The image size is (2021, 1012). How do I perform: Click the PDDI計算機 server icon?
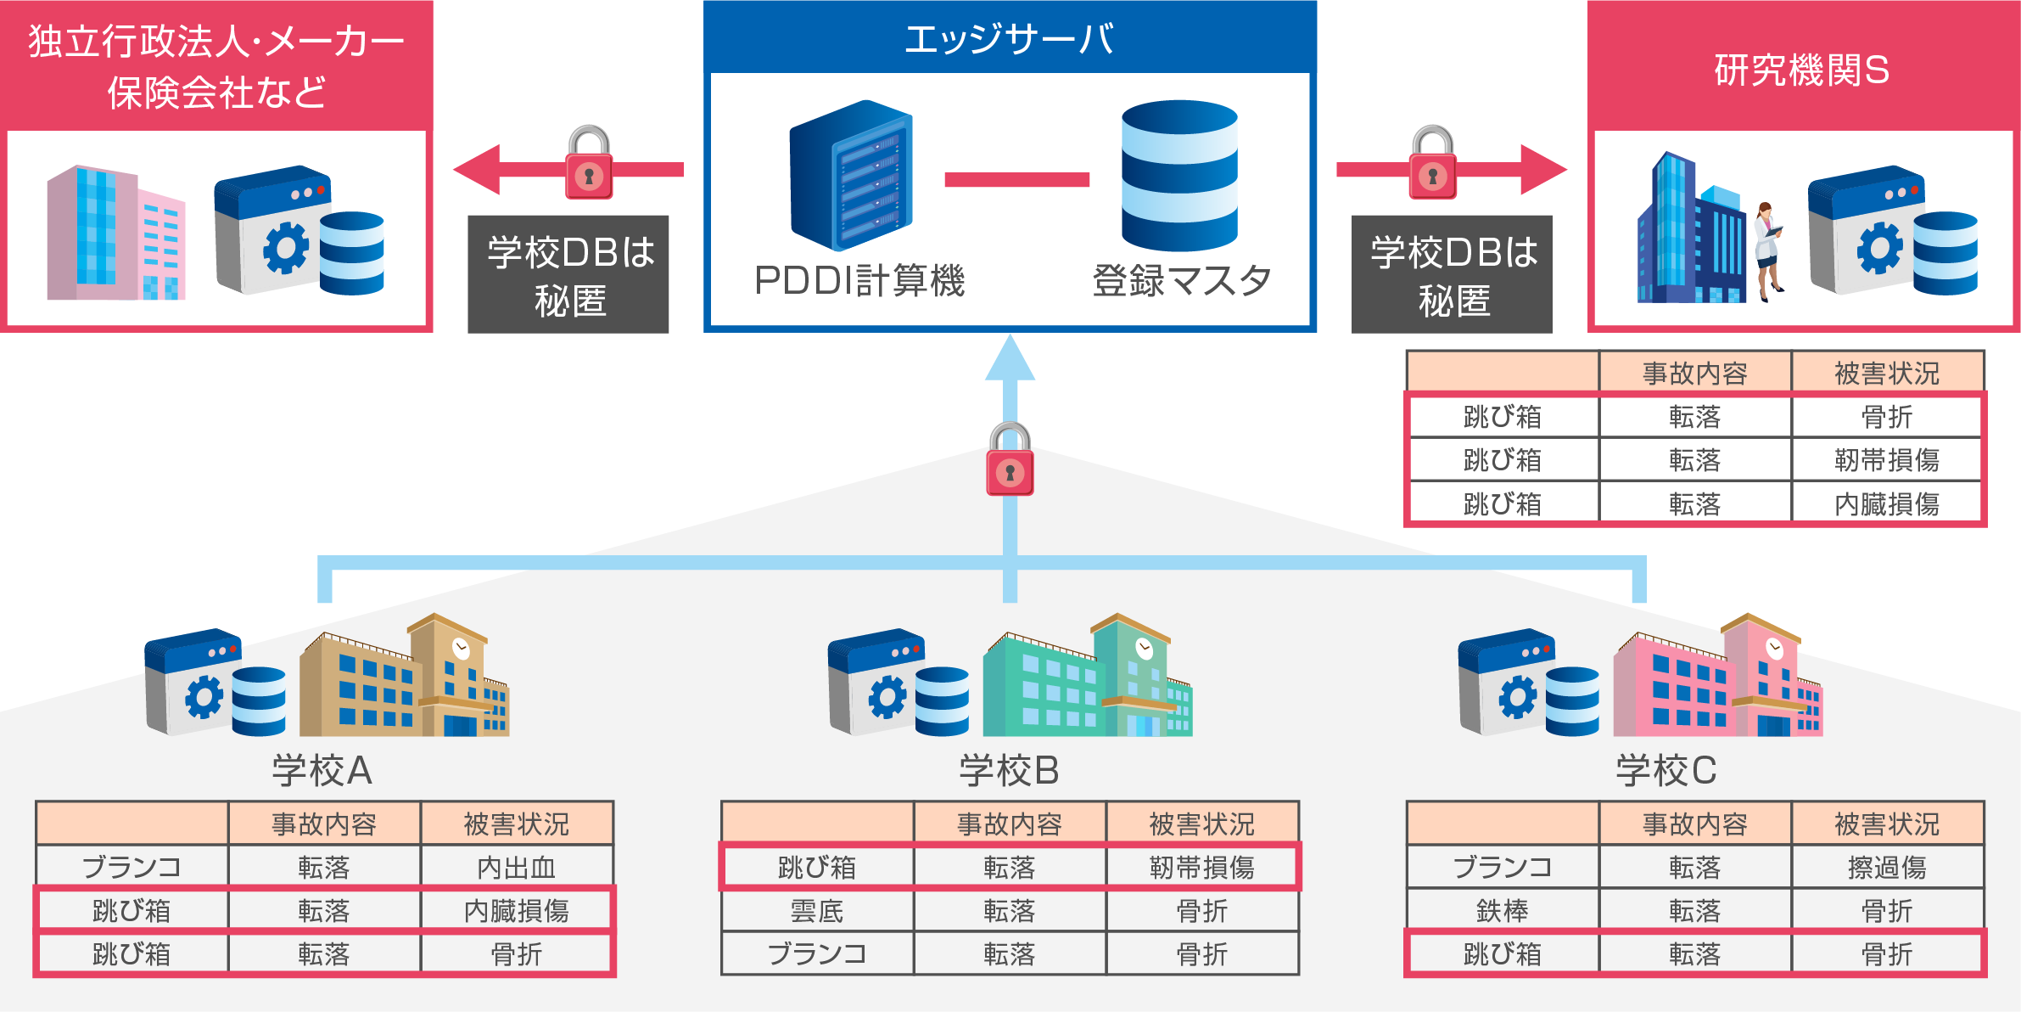pyautogui.click(x=851, y=176)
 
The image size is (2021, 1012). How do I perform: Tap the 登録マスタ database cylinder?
pyautogui.click(x=1179, y=176)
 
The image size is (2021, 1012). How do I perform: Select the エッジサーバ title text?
pyautogui.click(x=1010, y=39)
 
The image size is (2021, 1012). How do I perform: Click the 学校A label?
pyautogui.click(x=322, y=771)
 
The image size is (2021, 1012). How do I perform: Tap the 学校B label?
pyautogui.click(x=1010, y=771)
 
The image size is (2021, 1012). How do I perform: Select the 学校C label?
pyautogui.click(x=1666, y=771)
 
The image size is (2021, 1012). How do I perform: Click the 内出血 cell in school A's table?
pyautogui.click(x=516, y=867)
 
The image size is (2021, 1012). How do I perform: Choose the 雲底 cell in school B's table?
pyautogui.click(x=816, y=911)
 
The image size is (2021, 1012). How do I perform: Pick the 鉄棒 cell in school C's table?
pyautogui.click(x=1502, y=911)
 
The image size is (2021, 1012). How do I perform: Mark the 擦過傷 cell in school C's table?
pyautogui.click(x=1887, y=867)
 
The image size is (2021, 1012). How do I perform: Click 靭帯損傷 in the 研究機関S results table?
pyautogui.click(x=1887, y=460)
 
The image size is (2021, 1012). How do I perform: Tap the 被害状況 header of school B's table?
pyautogui.click(x=1201, y=824)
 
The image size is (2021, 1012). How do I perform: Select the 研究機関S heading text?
pyautogui.click(x=1802, y=70)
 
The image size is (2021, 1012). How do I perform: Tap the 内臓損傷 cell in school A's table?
pyautogui.click(x=516, y=911)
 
